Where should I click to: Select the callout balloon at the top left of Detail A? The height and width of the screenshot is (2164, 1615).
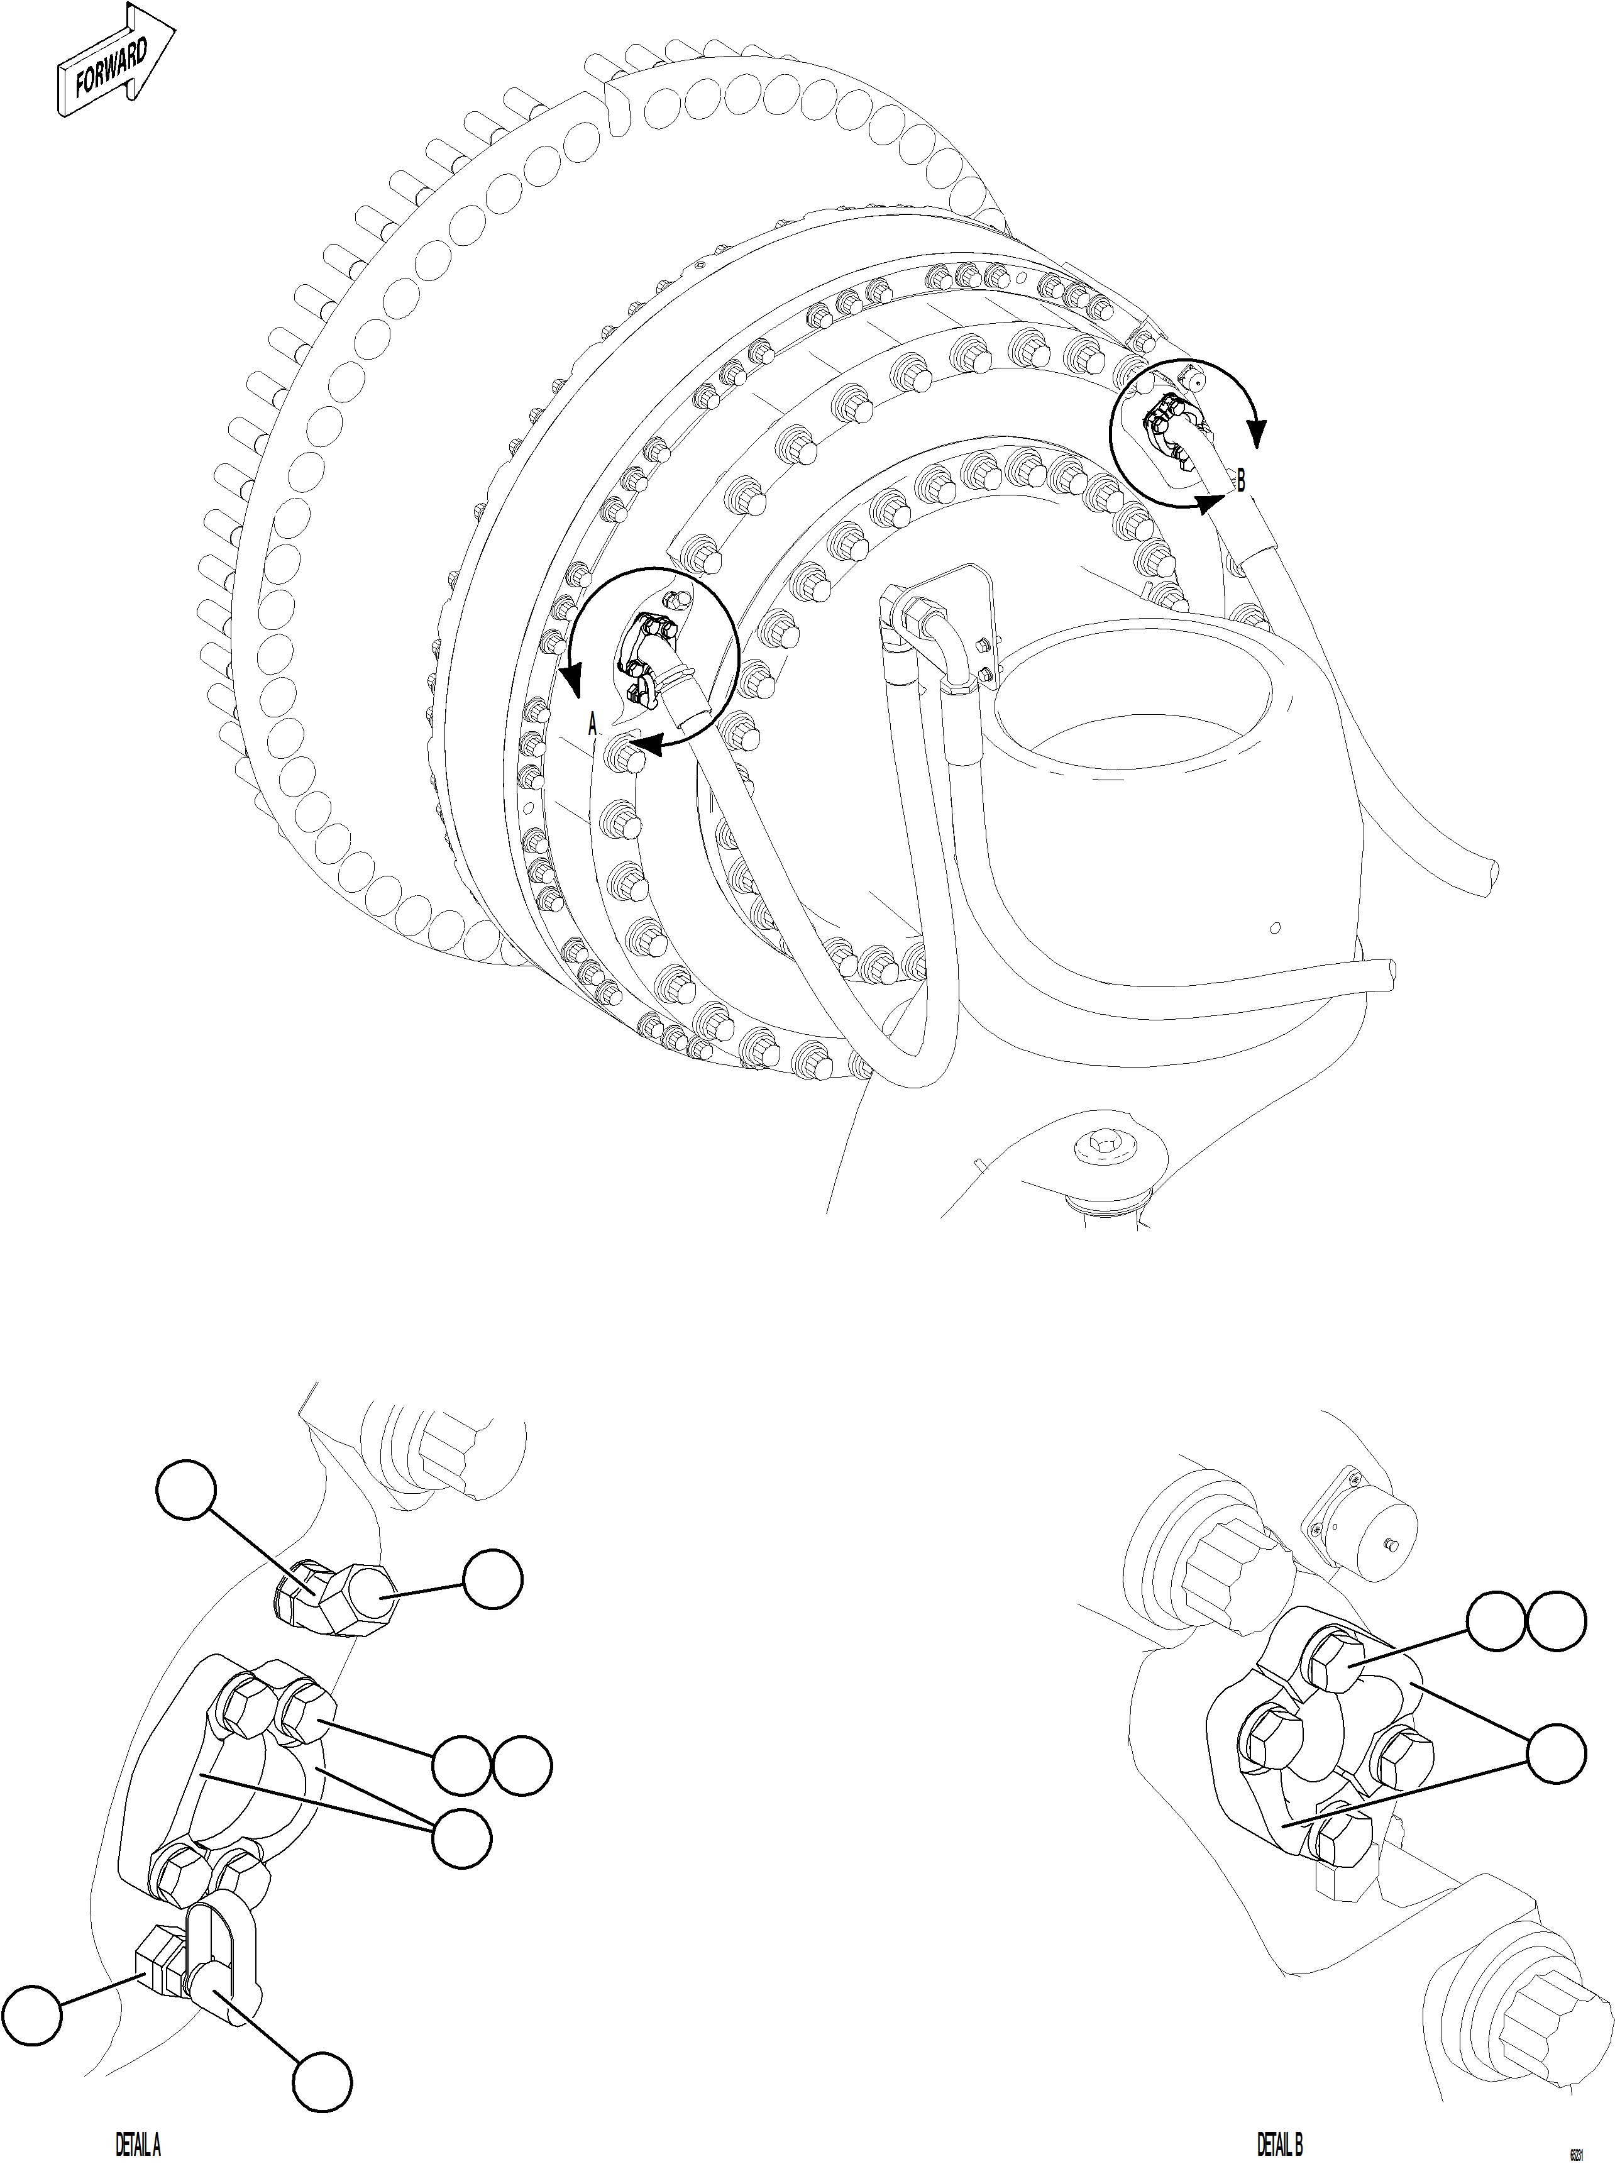[x=185, y=1489]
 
